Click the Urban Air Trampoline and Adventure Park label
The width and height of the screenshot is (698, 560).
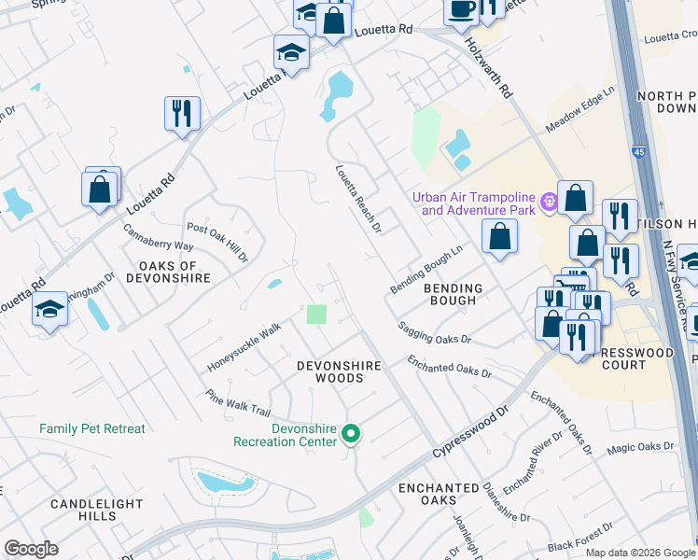pos(477,203)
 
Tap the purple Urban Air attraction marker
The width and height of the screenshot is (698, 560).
pos(550,200)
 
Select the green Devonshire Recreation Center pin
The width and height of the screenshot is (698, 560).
pos(351,433)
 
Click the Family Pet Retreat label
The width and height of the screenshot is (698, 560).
pos(92,429)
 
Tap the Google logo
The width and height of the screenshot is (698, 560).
pos(32,549)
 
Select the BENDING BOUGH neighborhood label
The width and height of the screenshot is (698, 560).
pos(454,294)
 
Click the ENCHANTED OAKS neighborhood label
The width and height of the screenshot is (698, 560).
pos(439,495)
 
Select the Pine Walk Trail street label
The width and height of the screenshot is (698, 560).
pos(238,403)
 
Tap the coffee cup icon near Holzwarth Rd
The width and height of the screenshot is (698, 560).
pos(461,10)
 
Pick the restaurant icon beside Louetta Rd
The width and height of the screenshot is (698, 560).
pos(181,113)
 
